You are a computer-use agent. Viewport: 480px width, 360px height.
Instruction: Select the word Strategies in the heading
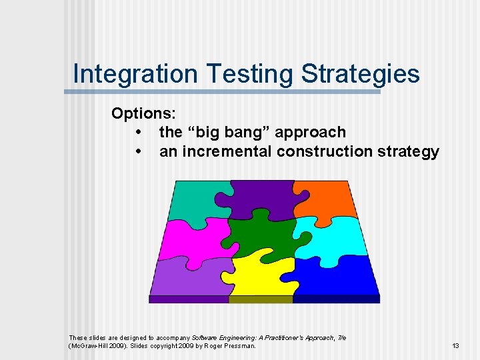(360, 73)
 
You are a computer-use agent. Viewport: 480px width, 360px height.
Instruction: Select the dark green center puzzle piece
(263, 233)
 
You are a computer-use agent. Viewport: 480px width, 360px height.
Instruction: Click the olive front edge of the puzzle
(261, 299)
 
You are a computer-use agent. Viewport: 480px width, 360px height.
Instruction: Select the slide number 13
(455, 346)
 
